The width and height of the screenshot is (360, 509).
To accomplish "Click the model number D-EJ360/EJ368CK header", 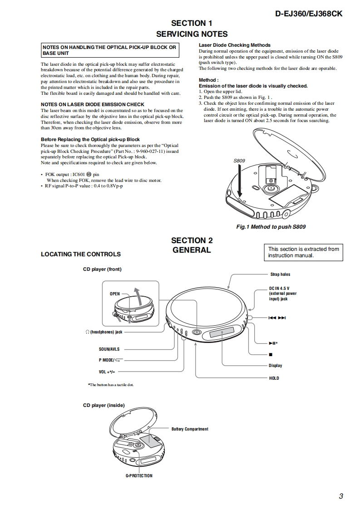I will click(x=309, y=14).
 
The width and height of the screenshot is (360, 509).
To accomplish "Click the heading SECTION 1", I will click(x=192, y=23).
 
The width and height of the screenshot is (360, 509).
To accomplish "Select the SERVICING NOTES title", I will click(x=192, y=34).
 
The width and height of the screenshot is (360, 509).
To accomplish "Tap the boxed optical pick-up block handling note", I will click(x=109, y=50).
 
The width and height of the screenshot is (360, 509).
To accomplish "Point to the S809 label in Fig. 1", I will click(x=239, y=161).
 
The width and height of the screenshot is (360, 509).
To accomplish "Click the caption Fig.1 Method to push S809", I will click(x=271, y=226).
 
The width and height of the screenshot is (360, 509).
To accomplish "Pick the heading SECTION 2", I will click(x=192, y=240).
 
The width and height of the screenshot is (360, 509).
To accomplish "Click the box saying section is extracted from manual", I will click(x=304, y=252).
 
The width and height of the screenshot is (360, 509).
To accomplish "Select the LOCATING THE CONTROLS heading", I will click(x=81, y=254).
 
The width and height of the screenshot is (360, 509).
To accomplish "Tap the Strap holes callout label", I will click(x=280, y=274).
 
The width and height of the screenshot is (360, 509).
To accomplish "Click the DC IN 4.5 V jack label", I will click(x=282, y=294).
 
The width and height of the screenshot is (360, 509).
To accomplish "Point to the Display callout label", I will click(x=275, y=366).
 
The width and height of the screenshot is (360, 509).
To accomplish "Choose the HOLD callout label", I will click(x=274, y=378).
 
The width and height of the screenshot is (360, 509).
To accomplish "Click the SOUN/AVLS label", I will click(x=108, y=349).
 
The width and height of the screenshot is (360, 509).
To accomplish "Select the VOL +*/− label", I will click(x=107, y=372).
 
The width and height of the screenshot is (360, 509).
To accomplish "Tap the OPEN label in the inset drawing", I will click(x=115, y=294).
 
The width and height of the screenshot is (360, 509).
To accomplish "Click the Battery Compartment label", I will click(x=190, y=429).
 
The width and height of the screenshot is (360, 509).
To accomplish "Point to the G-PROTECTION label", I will click(x=139, y=476).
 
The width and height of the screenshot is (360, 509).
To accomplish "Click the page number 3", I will click(x=340, y=496).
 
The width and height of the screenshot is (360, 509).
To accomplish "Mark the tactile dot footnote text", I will click(x=110, y=385).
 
